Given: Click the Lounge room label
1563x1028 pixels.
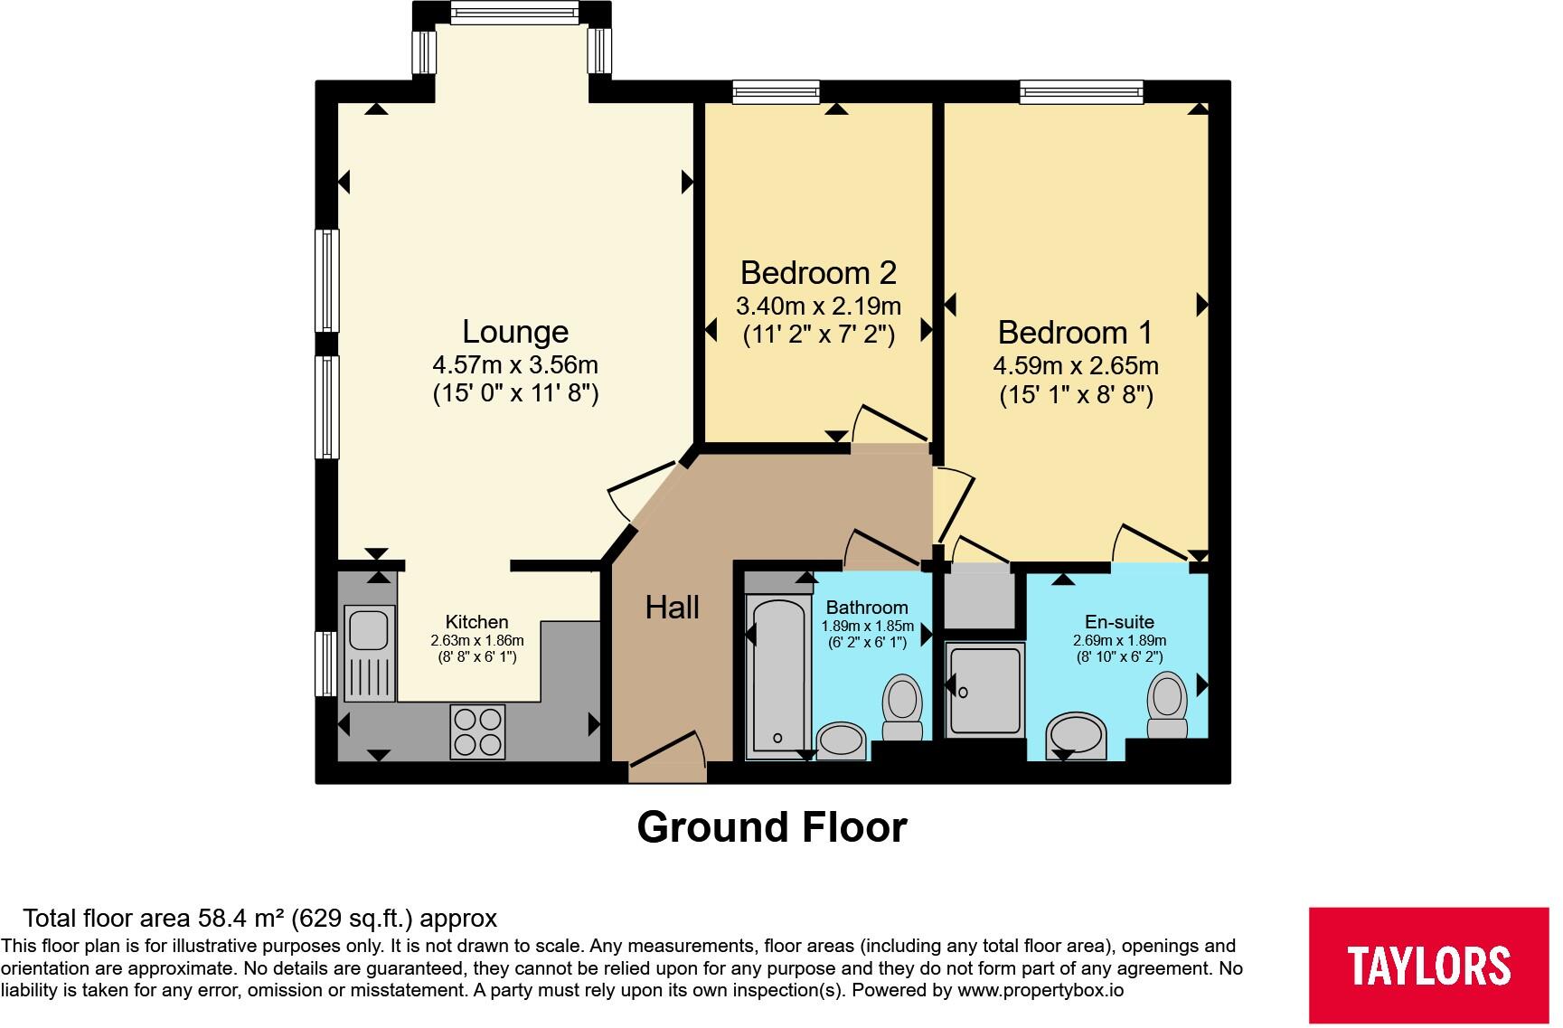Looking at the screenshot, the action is (x=515, y=332).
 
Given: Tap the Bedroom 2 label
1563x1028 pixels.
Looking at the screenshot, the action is (x=818, y=272).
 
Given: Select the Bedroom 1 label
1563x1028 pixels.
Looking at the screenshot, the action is (x=1075, y=333).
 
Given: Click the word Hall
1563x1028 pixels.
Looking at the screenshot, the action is (x=673, y=608).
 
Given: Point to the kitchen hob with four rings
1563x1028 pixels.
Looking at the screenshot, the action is (x=478, y=731).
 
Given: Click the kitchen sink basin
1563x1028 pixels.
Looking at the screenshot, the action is (x=370, y=627).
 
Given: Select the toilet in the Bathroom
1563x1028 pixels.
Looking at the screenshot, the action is (x=902, y=706).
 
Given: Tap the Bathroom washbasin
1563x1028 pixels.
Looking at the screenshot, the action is (x=843, y=740).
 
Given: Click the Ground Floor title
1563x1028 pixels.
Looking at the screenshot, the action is (x=772, y=827).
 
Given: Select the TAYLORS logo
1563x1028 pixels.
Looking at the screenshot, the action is (x=1429, y=965).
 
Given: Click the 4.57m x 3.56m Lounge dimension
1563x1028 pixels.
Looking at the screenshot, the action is (x=515, y=365).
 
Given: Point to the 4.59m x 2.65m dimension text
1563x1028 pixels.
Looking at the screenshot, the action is (x=1076, y=366).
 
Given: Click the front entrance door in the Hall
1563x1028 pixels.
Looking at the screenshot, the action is (x=667, y=759).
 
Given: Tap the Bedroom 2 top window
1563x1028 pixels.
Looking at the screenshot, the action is (x=777, y=90).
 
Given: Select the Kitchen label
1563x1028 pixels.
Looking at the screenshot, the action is (x=477, y=622).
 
